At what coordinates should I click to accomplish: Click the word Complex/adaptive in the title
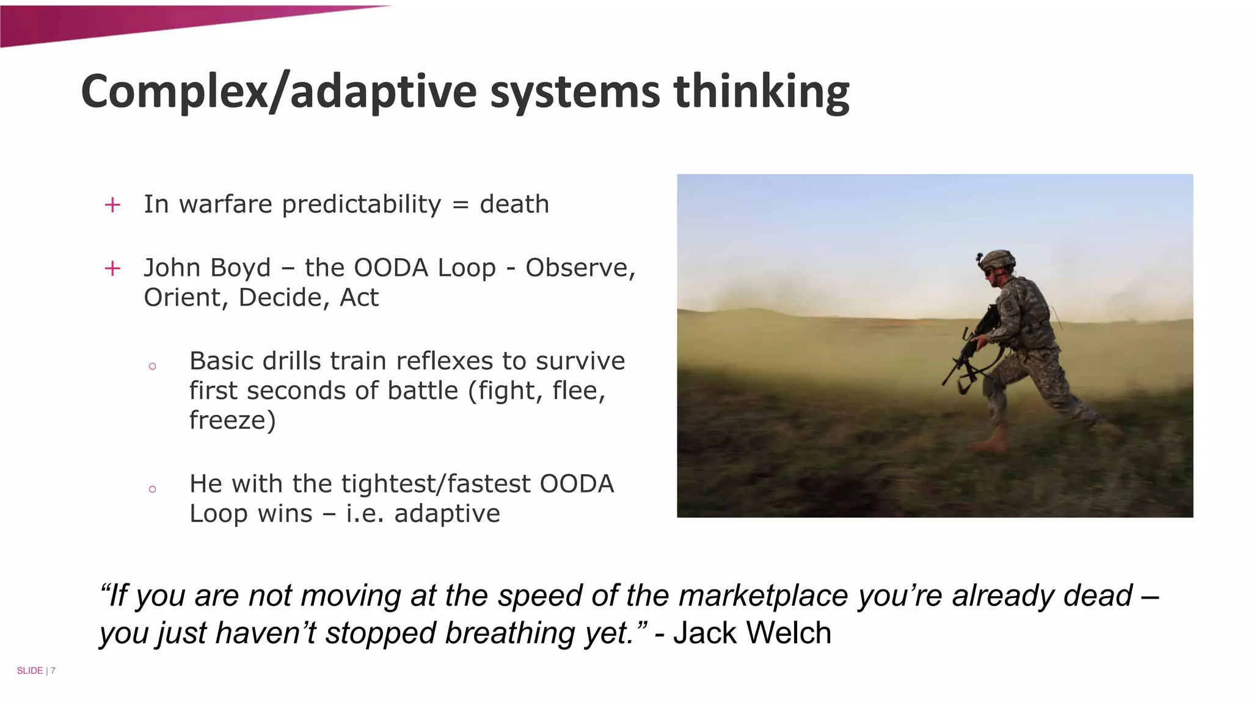278,92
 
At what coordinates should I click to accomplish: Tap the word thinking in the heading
761,92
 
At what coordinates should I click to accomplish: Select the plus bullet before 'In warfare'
112,205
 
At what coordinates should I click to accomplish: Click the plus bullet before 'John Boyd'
112,269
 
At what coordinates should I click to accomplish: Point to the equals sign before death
461,205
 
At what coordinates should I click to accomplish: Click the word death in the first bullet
514,204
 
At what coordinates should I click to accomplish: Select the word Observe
580,268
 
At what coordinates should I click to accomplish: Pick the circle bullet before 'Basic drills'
153,366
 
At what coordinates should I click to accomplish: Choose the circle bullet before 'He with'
153,489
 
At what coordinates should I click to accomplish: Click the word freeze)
232,420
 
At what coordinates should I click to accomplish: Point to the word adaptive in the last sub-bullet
447,514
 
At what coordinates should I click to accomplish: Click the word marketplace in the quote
764,596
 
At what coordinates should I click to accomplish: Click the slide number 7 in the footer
53,671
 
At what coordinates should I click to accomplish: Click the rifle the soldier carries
968,354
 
